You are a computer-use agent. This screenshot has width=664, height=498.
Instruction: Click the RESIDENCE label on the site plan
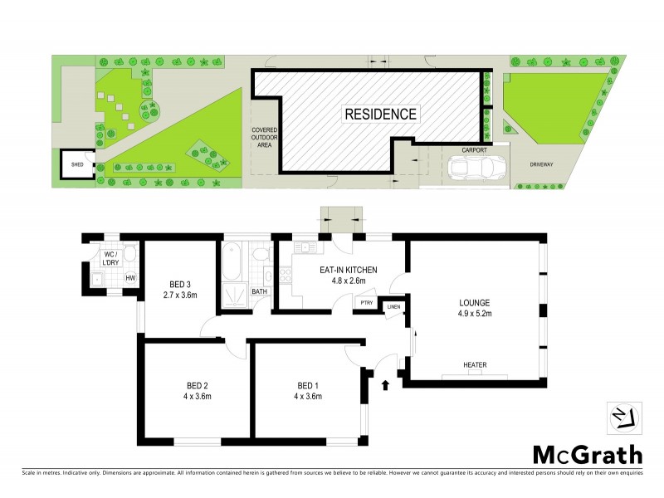click(382, 114)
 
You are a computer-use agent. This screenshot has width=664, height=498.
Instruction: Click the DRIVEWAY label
click(542, 164)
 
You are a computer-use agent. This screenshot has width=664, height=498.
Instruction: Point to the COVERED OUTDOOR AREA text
click(266, 139)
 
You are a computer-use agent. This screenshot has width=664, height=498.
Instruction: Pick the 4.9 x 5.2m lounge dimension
click(476, 314)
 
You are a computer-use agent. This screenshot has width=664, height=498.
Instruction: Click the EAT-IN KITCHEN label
click(349, 270)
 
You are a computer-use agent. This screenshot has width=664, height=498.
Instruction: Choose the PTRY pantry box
click(366, 304)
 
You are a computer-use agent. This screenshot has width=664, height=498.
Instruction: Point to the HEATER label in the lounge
click(476, 364)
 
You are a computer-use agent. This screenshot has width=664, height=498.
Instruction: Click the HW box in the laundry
click(130, 277)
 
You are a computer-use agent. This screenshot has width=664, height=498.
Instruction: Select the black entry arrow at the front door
click(385, 384)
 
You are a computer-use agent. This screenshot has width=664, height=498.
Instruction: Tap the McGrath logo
click(586, 454)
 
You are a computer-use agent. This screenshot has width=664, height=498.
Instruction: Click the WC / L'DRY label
click(110, 258)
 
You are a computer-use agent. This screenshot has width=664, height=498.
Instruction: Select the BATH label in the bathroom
click(258, 291)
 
